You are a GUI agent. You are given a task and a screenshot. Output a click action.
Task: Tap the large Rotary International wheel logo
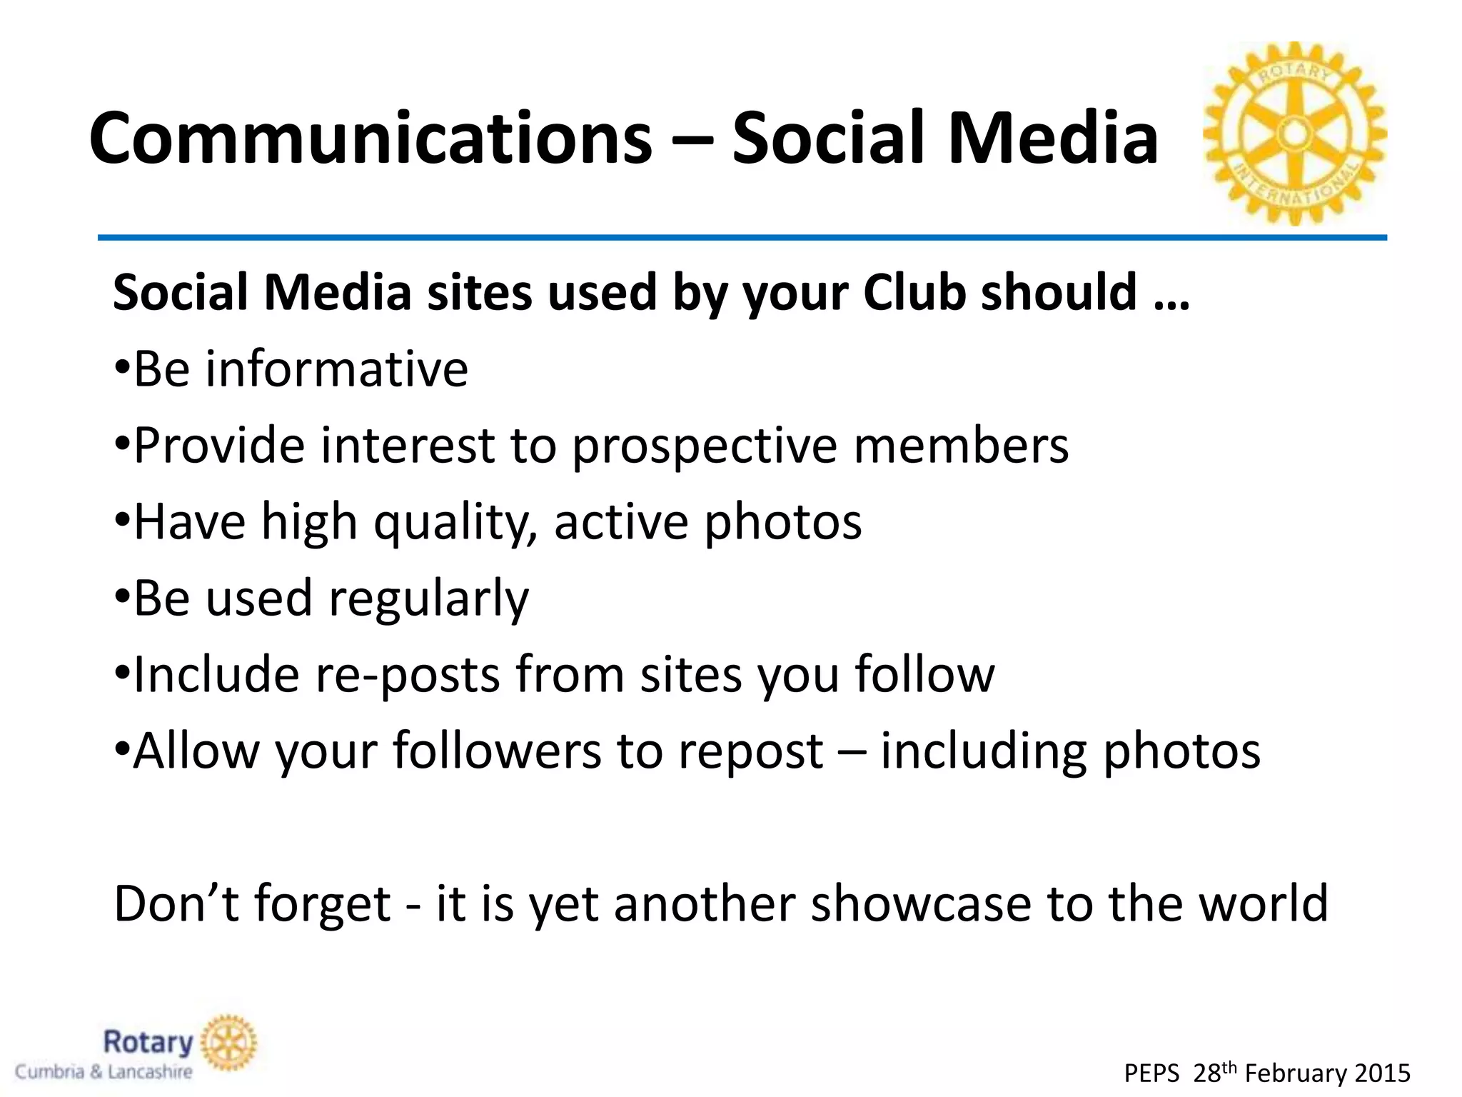click(x=1294, y=134)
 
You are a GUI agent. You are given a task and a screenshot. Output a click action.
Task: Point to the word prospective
click(x=705, y=446)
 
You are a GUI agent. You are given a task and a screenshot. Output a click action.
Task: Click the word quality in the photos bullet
click(x=455, y=523)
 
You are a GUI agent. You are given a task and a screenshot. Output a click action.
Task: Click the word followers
click(x=497, y=751)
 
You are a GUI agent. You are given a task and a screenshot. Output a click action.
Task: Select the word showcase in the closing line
click(x=921, y=903)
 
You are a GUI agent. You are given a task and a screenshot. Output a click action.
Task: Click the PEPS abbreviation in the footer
click(x=1151, y=1073)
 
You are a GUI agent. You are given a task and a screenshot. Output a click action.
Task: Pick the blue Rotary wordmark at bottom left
click(x=148, y=1043)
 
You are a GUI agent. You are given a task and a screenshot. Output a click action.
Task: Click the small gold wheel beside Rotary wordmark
click(x=228, y=1043)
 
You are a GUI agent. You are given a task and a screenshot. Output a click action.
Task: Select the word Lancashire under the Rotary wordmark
click(x=150, y=1072)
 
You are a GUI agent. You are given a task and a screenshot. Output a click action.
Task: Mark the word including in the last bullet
click(x=984, y=751)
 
